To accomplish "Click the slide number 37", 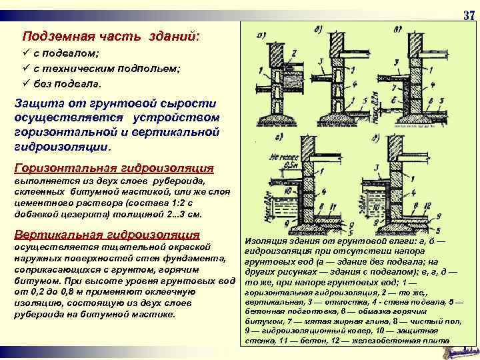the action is (x=468, y=16).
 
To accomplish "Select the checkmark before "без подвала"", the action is (x=26, y=85).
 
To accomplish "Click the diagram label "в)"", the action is (x=397, y=30).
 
